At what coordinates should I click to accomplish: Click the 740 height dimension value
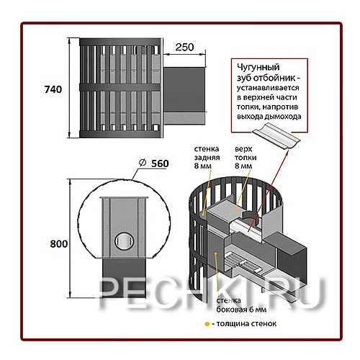(53, 89)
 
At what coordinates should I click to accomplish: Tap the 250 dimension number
(184, 48)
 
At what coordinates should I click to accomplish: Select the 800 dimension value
(59, 244)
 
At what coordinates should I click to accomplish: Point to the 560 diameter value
(160, 163)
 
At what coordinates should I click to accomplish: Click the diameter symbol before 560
(143, 163)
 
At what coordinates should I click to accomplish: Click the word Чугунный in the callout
(258, 68)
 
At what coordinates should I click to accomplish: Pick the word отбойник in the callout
(275, 78)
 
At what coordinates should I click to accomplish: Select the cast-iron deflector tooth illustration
(276, 136)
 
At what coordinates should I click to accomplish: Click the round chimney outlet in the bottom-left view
(124, 241)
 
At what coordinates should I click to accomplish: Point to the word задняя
(207, 158)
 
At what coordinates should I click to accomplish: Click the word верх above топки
(243, 149)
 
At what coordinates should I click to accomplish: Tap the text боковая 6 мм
(241, 310)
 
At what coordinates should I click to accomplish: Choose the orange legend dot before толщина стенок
(207, 324)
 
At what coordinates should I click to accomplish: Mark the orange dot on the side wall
(216, 253)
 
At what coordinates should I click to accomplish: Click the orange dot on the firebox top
(234, 211)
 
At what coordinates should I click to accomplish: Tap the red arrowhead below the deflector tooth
(287, 153)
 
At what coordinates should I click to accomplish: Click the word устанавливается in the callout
(268, 88)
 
